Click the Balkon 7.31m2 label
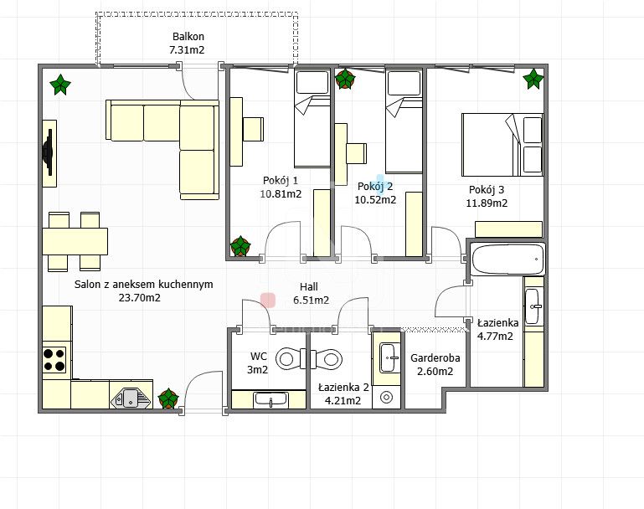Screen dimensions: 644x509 tap(188, 43)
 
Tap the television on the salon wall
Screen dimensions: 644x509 tap(48, 152)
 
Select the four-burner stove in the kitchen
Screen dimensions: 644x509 tap(54, 360)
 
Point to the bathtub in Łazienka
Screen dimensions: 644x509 tap(507, 260)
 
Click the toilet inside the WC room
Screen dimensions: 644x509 tap(291, 359)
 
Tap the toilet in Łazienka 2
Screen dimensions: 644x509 tap(327, 359)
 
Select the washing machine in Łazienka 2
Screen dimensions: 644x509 tap(386, 397)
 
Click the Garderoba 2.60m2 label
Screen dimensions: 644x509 tap(435, 364)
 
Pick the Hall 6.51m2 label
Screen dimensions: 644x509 tap(311, 294)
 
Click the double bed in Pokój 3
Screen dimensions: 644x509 tap(502, 145)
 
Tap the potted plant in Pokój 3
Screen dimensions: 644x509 tap(533, 79)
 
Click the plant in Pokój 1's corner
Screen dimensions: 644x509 tap(240, 246)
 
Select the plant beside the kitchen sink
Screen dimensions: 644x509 tap(168, 398)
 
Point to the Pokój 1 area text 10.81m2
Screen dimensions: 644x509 tap(281, 193)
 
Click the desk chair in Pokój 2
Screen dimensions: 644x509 tap(356, 153)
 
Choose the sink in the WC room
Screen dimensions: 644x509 tap(270, 399)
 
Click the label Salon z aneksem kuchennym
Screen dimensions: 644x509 tap(144, 284)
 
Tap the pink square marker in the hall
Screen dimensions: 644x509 tap(268, 300)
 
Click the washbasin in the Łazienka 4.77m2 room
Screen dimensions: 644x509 tap(533, 306)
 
